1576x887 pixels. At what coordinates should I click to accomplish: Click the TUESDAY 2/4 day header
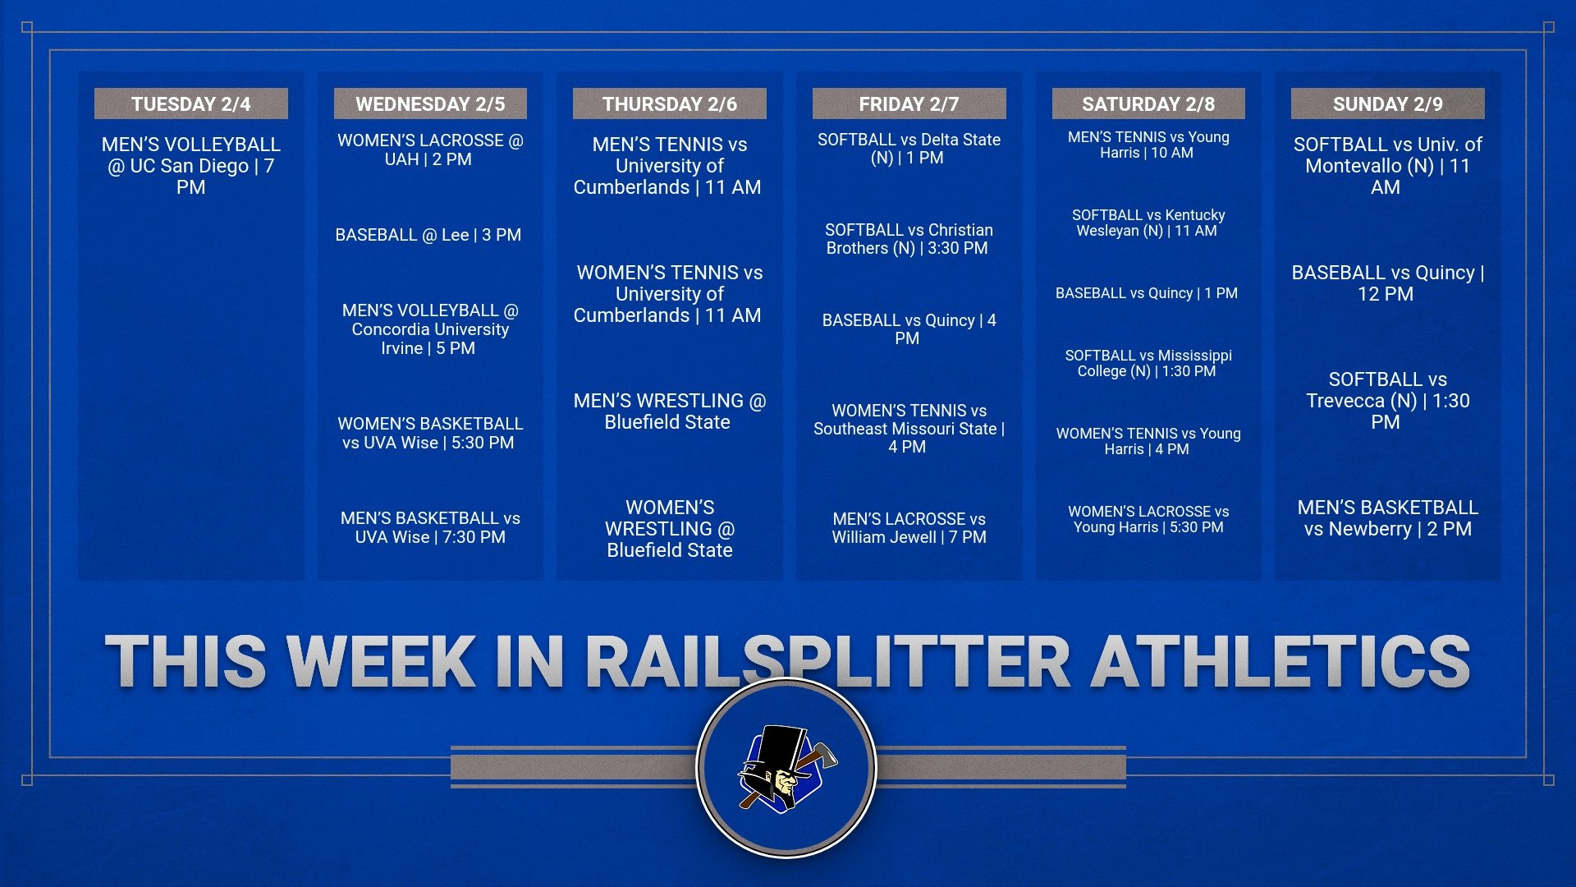point(190,104)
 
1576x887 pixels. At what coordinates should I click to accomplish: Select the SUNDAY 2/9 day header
point(1387,104)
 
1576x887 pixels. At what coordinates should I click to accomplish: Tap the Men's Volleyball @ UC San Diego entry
point(190,165)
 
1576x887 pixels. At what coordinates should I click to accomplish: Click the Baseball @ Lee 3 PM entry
point(428,235)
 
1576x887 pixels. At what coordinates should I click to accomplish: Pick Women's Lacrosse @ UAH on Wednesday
point(429,149)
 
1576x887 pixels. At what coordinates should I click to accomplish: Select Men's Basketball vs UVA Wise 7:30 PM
point(430,527)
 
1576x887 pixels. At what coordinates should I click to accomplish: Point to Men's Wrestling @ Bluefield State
point(669,411)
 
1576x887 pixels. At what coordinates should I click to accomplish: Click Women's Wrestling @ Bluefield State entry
point(669,528)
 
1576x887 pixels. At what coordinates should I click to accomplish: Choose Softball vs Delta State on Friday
point(909,149)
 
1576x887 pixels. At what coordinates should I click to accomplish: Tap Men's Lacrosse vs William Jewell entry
point(909,528)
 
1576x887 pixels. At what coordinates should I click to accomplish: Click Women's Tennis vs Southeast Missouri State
point(909,428)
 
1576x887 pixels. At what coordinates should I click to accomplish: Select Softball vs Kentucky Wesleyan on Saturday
point(1148,223)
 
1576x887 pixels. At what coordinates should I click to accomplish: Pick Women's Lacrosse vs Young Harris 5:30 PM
point(1148,519)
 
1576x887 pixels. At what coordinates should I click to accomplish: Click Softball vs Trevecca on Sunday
point(1387,400)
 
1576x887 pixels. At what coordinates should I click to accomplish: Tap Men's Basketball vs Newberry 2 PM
point(1387,517)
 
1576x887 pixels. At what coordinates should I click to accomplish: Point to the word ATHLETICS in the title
point(1280,661)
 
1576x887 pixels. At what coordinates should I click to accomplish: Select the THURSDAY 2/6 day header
point(669,104)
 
